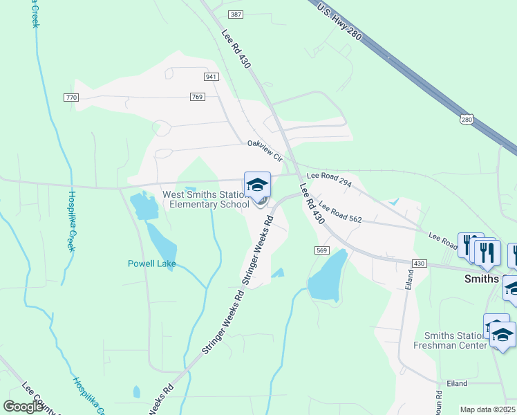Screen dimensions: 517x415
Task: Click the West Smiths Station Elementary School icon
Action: coord(257,185)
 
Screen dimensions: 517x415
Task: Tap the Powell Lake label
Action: coord(152,264)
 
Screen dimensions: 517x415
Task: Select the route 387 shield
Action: coord(236,15)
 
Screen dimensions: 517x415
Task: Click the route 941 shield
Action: coord(211,75)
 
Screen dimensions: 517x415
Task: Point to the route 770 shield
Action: coord(70,98)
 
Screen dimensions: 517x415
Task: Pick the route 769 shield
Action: coord(197,98)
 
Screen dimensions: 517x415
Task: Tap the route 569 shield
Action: coord(321,250)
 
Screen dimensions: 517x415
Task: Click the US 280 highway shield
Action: coord(468,120)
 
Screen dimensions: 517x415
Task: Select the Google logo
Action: coord(23,406)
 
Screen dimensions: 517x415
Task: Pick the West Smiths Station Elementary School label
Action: coord(206,199)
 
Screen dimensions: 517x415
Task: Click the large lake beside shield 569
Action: coord(327,276)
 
